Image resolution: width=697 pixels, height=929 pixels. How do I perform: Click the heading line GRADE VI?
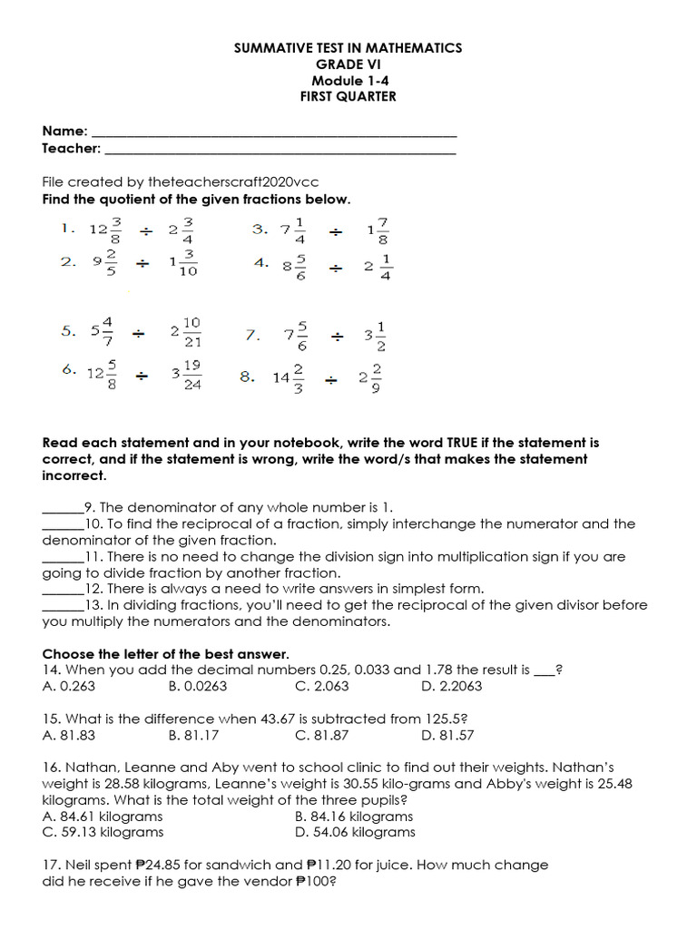coord(348,64)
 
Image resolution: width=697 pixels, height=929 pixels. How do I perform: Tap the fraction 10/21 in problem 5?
coord(191,332)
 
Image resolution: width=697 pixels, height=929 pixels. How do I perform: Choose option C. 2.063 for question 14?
coord(325,686)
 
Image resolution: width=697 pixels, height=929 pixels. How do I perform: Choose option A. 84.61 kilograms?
coord(103,817)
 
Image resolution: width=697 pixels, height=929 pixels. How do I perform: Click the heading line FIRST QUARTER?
coord(348,96)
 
